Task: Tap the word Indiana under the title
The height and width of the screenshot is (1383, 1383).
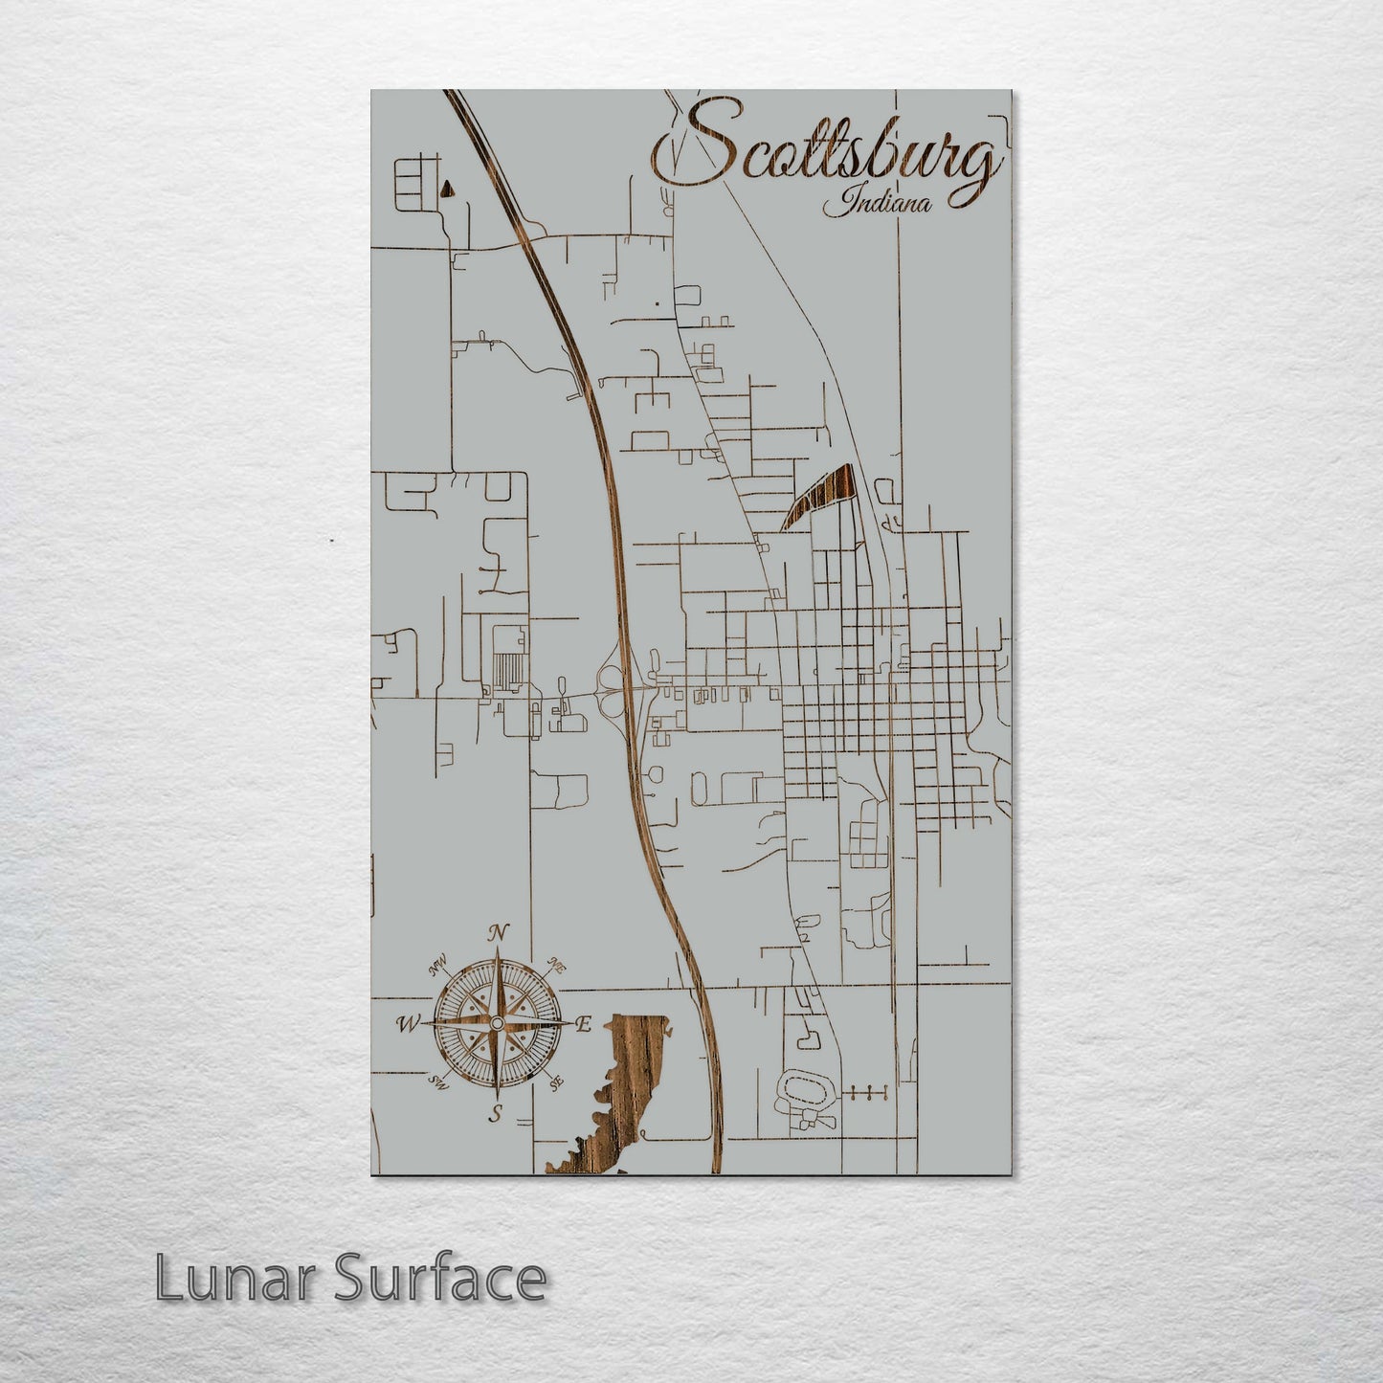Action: [x=879, y=204]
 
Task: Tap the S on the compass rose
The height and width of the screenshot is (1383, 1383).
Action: [x=496, y=1112]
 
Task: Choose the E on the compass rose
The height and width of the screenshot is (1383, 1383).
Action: [x=582, y=1024]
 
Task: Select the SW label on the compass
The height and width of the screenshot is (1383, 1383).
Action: [x=438, y=1082]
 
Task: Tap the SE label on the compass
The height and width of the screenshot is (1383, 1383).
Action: [x=556, y=1082]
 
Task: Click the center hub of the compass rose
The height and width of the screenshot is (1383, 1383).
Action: [x=496, y=1024]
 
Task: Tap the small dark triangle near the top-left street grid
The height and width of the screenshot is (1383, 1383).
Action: [x=446, y=190]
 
